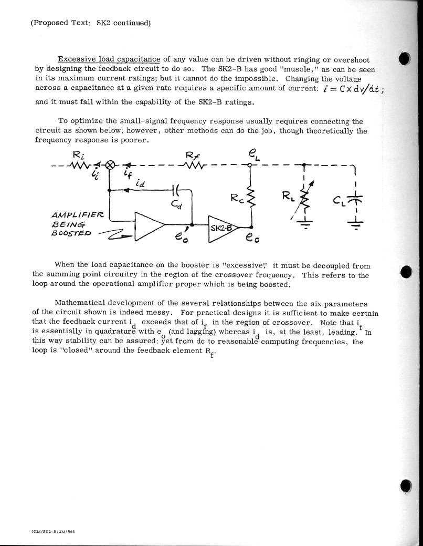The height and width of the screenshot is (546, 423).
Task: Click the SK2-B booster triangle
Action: tap(223, 228)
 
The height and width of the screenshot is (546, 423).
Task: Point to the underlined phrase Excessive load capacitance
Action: tap(109, 59)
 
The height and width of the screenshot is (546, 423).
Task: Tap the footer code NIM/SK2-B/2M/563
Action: tap(53, 531)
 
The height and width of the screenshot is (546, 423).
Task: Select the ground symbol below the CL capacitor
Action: tap(355, 223)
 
